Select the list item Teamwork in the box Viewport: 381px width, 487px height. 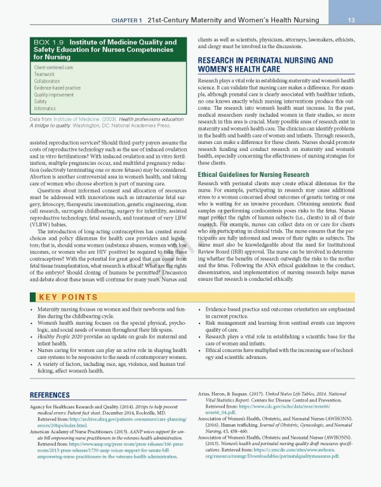(44, 74)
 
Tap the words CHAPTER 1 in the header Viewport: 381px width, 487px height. (131, 20)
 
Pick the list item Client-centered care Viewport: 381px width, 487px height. (53, 67)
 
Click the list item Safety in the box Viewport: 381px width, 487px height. (41, 101)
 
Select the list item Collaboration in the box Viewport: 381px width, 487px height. (47, 81)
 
